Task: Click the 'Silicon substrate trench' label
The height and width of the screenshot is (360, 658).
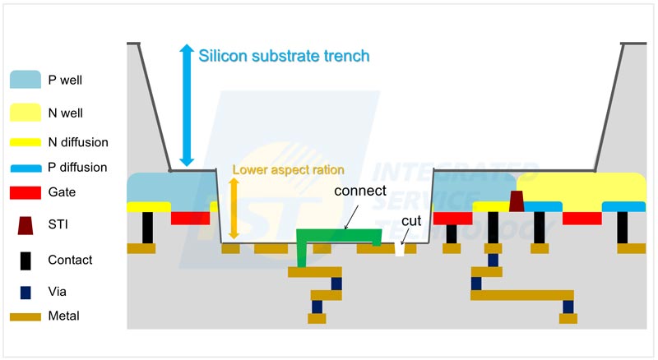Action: (x=285, y=57)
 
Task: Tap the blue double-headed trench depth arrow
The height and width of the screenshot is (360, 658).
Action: (x=187, y=105)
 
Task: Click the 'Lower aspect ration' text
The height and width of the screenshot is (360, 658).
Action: (x=287, y=170)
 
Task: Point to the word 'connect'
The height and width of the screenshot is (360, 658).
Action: (x=359, y=191)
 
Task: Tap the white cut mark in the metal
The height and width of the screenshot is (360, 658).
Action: (x=401, y=247)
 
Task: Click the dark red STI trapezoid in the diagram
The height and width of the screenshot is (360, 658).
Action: (x=517, y=201)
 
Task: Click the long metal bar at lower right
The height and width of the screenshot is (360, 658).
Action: (x=521, y=295)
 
